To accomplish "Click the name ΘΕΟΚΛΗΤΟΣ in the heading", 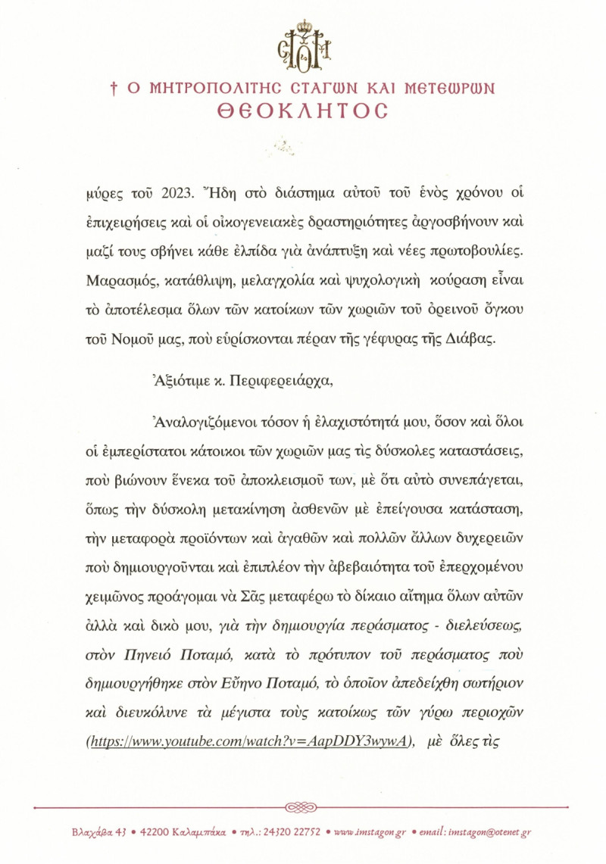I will (x=302, y=111).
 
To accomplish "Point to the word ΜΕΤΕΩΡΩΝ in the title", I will (x=451, y=88).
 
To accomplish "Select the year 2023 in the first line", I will (x=157, y=192).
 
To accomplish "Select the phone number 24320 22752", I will (x=292, y=832).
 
